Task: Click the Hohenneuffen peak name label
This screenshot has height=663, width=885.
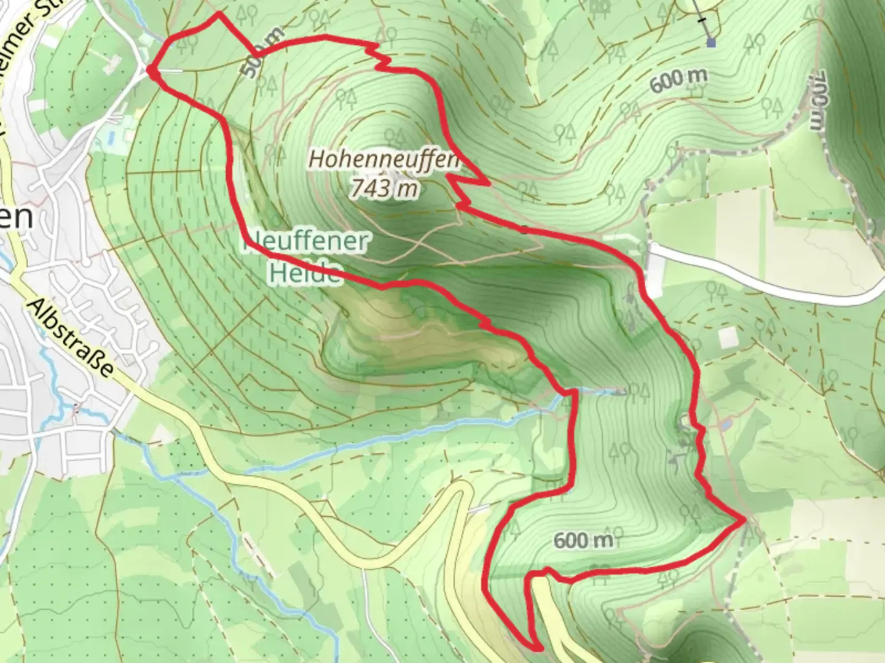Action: (383, 159)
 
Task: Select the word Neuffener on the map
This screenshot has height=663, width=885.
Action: (307, 242)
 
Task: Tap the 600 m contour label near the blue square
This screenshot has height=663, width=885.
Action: (678, 80)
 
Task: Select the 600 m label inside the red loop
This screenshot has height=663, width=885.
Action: (583, 540)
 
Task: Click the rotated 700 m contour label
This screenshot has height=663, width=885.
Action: (816, 101)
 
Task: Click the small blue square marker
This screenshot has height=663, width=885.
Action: (711, 43)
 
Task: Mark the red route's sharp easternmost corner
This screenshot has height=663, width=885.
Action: (745, 520)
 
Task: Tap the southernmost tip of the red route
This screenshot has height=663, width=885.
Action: (538, 648)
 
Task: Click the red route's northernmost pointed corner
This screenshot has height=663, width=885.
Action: (218, 13)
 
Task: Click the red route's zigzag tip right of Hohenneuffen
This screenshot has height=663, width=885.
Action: (487, 183)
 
